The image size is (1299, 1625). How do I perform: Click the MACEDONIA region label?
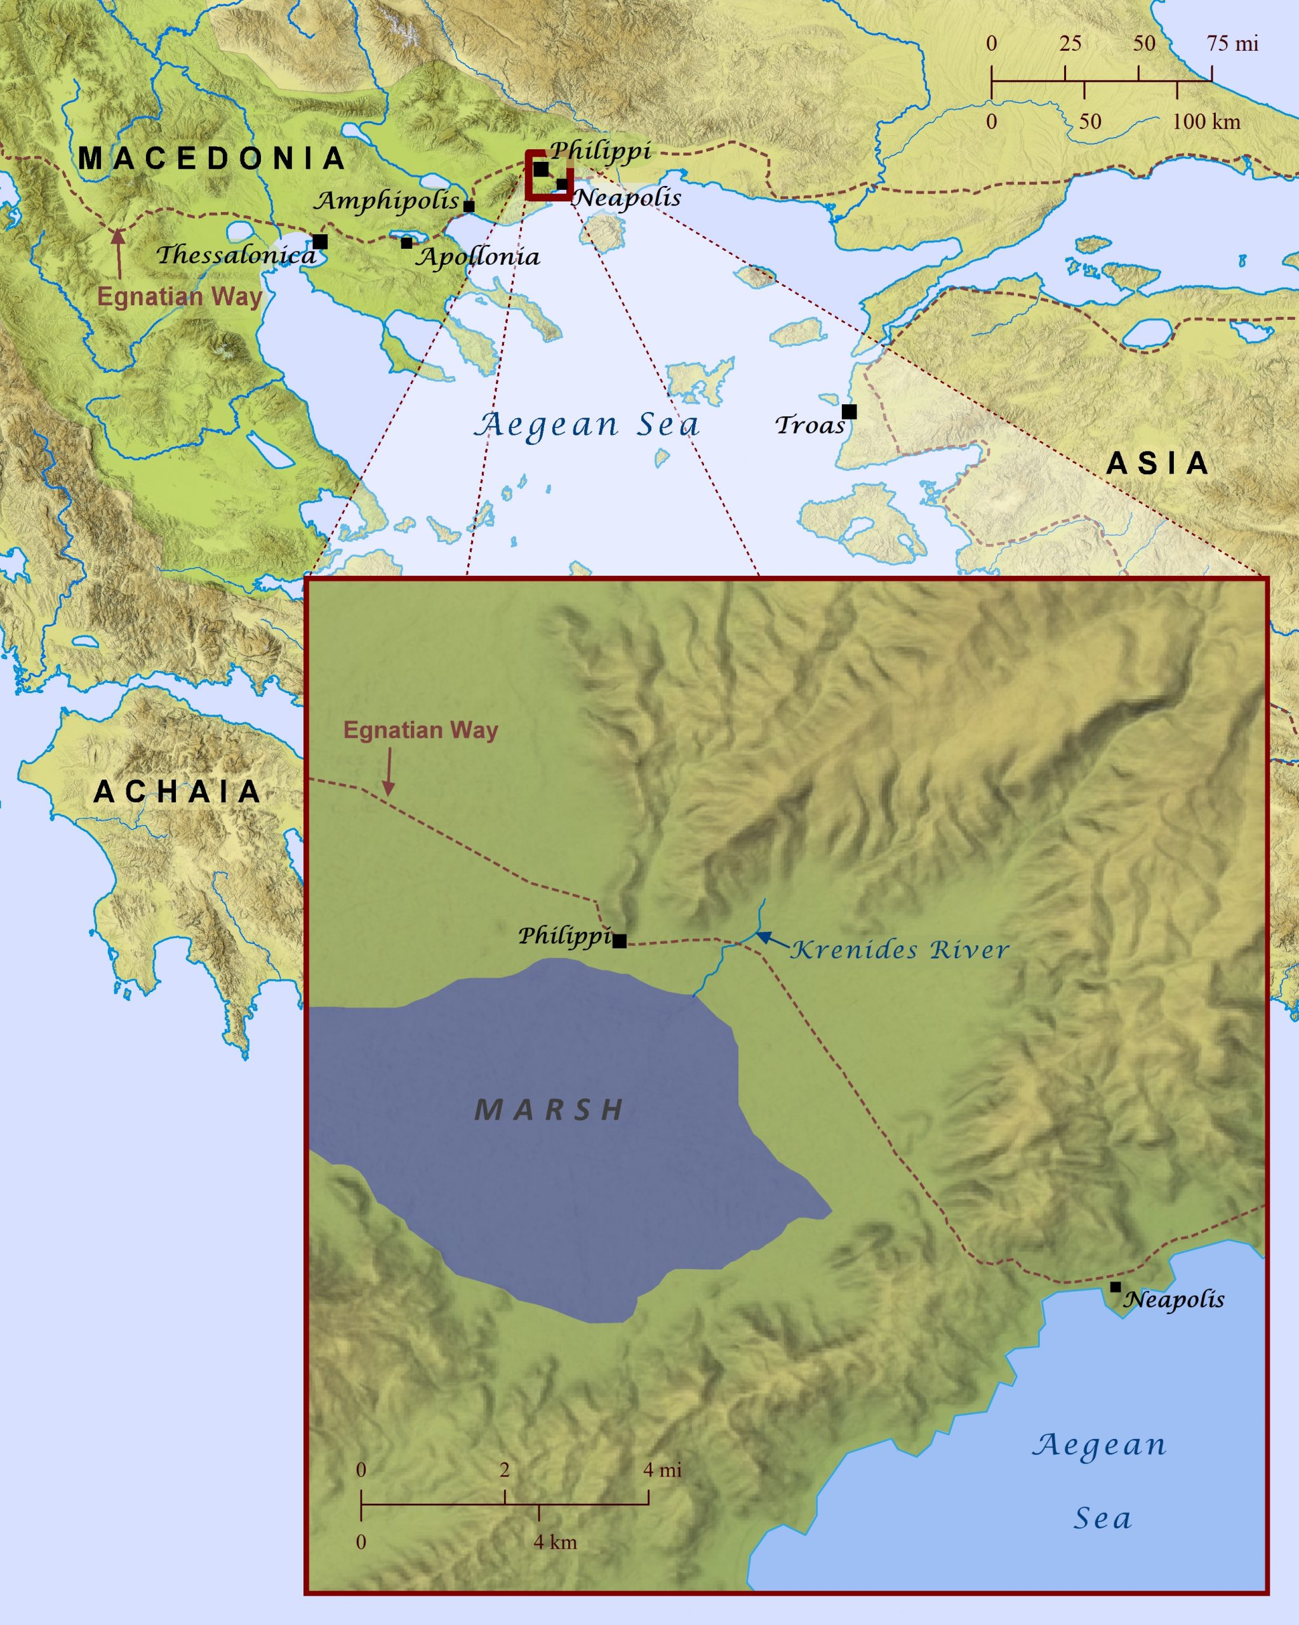pos(212,158)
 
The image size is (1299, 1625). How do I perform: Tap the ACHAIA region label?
pos(177,792)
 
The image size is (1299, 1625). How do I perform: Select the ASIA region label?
pos(1157,463)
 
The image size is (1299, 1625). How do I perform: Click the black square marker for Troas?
pos(849,411)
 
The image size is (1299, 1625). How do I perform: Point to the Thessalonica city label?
pos(236,255)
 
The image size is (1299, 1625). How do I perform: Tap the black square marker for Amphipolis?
pos(469,206)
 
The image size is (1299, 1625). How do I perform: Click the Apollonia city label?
pos(479,257)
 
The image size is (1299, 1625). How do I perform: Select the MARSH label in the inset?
pos(550,1110)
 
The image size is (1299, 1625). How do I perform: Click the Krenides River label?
pos(900,950)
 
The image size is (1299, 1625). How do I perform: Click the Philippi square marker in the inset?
pos(620,941)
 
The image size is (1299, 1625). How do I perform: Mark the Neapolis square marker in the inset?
pos(1115,1287)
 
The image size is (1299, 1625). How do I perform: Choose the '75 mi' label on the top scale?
pos(1233,44)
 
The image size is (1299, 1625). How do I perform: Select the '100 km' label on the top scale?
pos(1206,121)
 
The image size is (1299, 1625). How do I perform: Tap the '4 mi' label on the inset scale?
pos(662,1469)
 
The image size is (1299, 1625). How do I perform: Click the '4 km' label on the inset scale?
pos(555,1542)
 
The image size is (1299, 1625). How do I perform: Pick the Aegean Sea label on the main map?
pos(587,425)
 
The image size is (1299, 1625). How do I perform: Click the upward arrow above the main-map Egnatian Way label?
pos(117,253)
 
